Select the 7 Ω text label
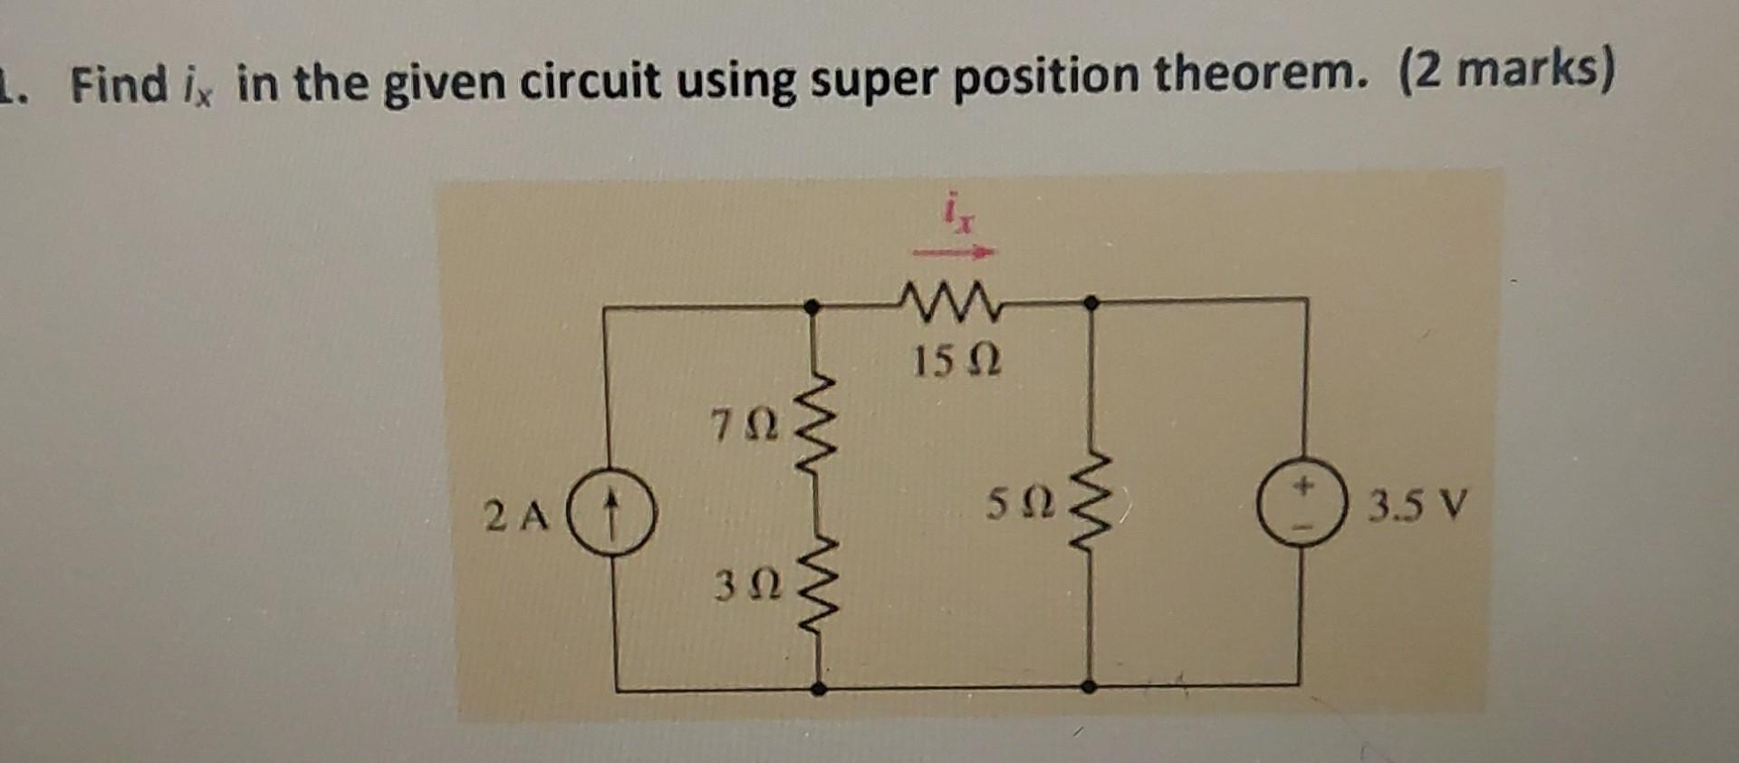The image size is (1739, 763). coord(745,425)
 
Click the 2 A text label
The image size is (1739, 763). coord(517,517)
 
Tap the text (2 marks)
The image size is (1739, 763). coord(1507,72)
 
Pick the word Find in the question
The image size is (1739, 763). coord(120,84)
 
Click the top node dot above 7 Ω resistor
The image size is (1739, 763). coord(813,308)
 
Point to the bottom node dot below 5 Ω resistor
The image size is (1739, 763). coord(1090,686)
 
